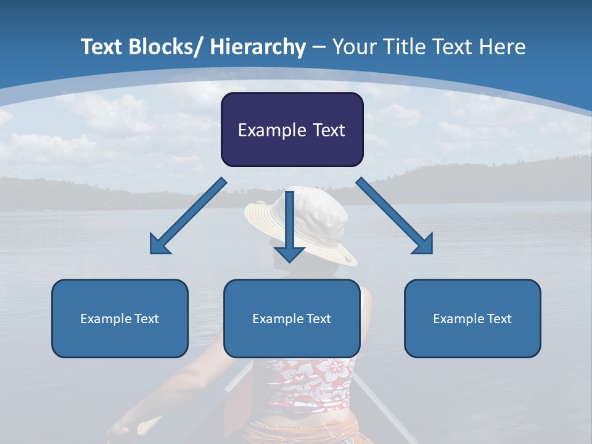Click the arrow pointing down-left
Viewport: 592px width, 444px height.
(x=188, y=216)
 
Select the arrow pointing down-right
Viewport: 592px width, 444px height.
(x=395, y=216)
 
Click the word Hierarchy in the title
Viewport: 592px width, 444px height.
(x=258, y=47)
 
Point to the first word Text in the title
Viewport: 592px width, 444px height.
(x=102, y=47)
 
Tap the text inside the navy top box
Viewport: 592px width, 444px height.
(x=292, y=130)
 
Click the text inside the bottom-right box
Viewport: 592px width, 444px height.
(x=472, y=319)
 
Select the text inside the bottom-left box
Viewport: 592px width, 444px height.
(x=120, y=319)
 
